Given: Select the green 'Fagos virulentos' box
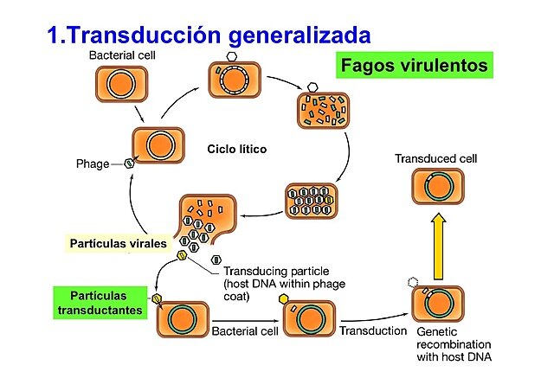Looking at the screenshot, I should point(414,66).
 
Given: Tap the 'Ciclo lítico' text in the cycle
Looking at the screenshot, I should point(236,149).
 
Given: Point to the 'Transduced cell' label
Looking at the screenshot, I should point(435,159).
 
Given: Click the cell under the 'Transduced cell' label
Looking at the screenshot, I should point(437,187).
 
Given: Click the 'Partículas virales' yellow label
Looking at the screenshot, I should point(118,244).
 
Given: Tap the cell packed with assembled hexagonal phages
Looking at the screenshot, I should point(311,201).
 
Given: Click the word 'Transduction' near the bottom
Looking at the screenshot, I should point(373,330).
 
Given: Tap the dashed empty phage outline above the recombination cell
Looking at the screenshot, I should point(414,283).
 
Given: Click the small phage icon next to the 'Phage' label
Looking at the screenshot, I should point(128,163).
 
